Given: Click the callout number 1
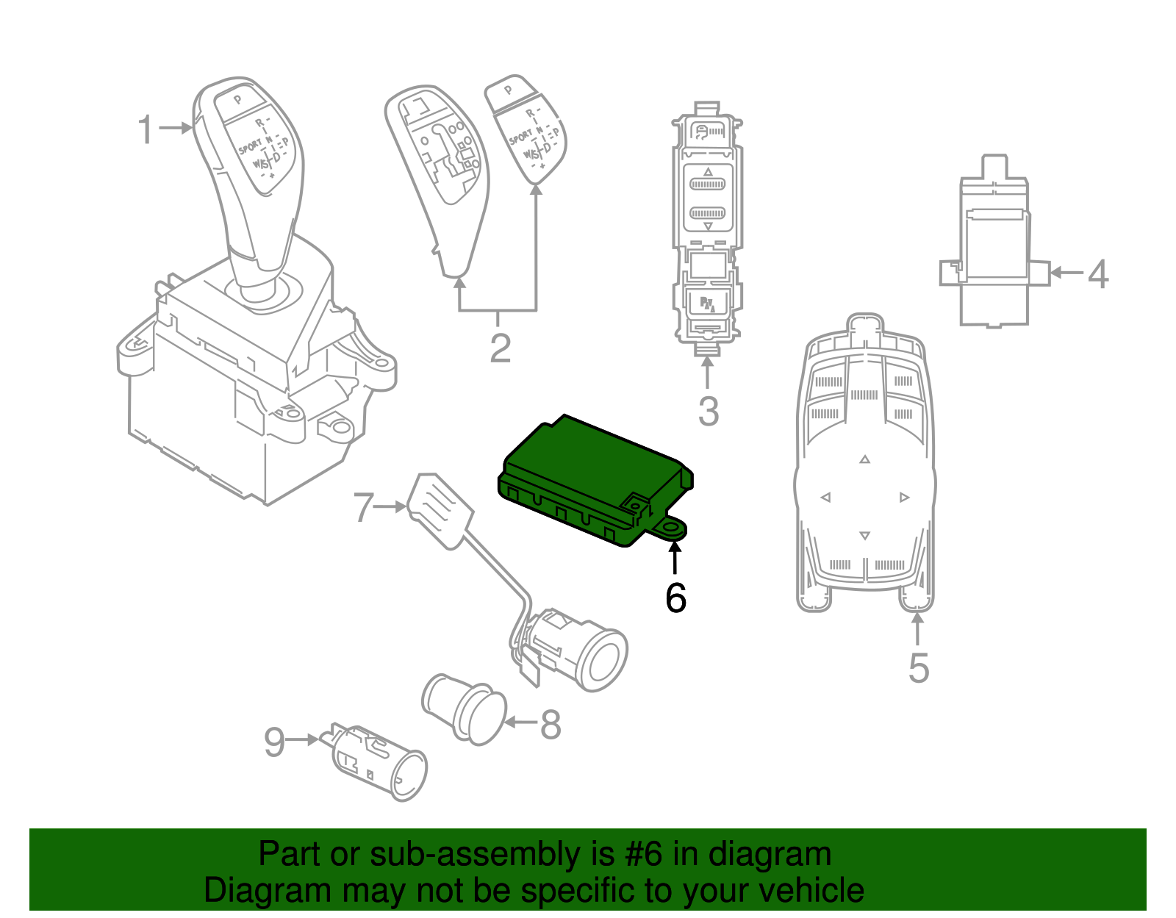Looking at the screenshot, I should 146,129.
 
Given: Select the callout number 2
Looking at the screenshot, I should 500,348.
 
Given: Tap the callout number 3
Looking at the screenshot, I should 708,412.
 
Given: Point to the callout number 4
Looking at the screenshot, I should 1097,274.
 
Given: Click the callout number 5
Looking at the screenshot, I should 918,667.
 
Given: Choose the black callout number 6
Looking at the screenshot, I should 675,598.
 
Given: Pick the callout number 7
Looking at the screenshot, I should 363,507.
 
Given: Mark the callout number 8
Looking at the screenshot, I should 551,725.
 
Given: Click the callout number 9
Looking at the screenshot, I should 274,742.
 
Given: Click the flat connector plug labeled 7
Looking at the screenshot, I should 440,508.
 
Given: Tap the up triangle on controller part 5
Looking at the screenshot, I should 865,459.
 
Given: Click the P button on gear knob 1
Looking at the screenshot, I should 237,99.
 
